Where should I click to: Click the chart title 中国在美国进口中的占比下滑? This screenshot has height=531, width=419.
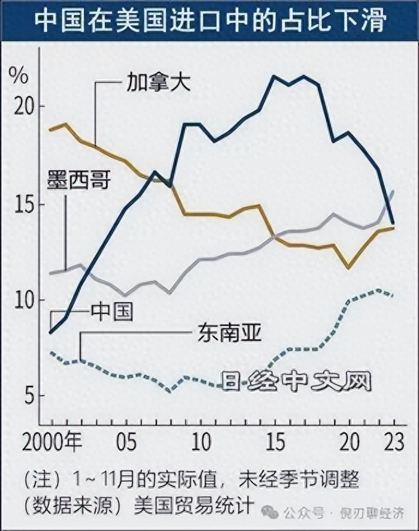(209, 21)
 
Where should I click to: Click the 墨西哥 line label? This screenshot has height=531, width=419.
(79, 179)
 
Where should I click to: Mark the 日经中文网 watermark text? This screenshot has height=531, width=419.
(296, 381)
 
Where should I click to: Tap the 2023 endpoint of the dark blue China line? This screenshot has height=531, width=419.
(393, 222)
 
